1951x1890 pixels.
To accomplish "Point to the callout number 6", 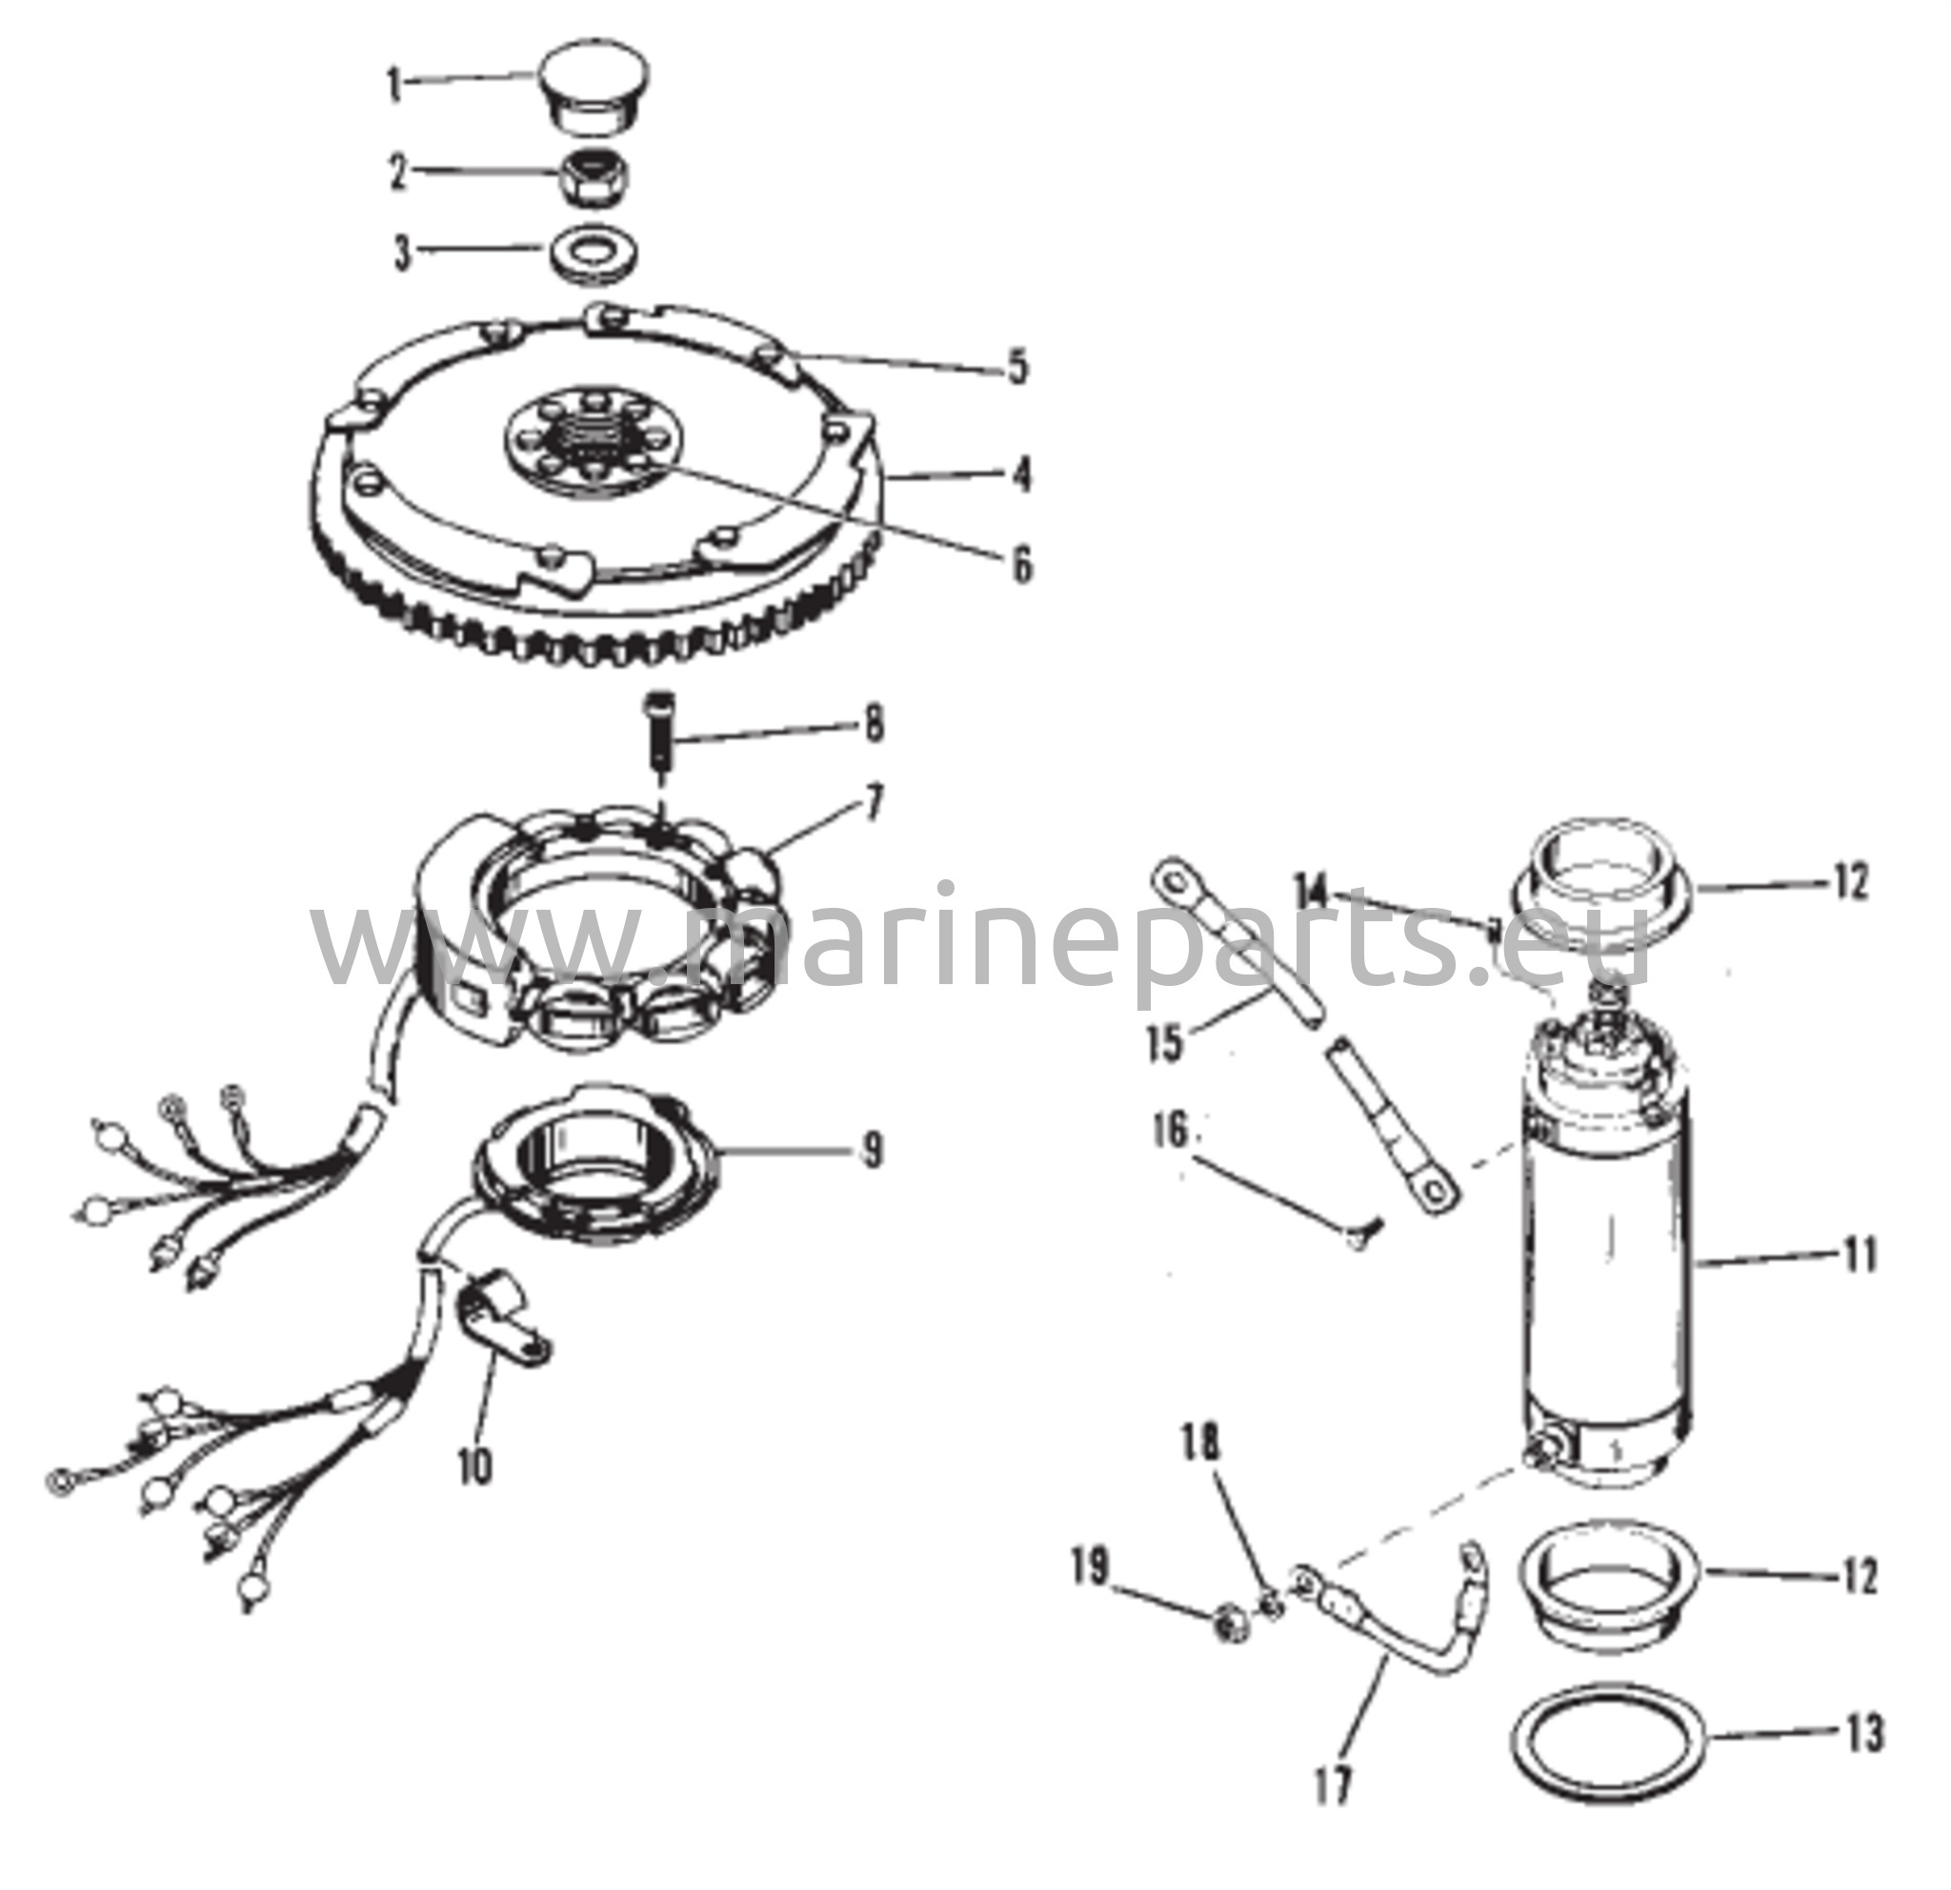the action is point(1021,564).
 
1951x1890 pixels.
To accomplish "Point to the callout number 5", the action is point(1016,368).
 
